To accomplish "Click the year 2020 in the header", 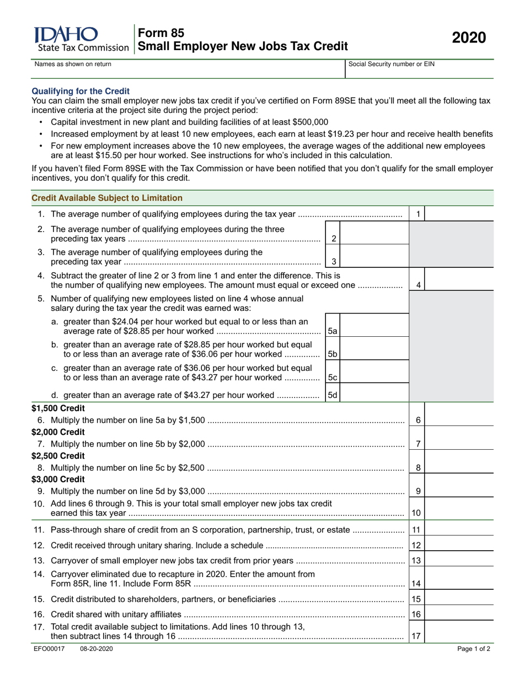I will (x=469, y=38).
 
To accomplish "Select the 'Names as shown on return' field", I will (x=188, y=68).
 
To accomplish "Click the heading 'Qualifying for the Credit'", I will (x=81, y=91).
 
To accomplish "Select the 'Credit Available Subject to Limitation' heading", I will (x=107, y=198).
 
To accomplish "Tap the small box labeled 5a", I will (x=333, y=331).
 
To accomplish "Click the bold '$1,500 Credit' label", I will (x=58, y=408).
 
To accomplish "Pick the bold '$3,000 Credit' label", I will (x=58, y=480).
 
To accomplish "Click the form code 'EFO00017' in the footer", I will (x=50, y=649).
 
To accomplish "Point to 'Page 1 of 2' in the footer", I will (x=473, y=649).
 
